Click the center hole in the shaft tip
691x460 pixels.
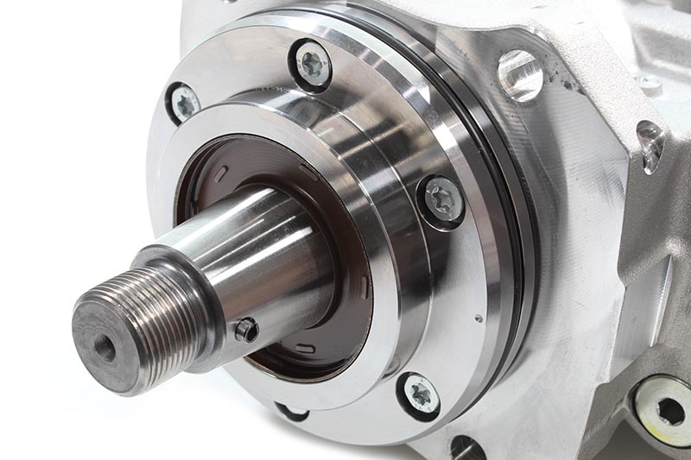[105, 348]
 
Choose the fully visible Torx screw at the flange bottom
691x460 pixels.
[421, 394]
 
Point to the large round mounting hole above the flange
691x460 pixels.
[520, 75]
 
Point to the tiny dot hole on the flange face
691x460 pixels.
[479, 318]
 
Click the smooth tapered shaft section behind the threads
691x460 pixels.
[259, 259]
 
